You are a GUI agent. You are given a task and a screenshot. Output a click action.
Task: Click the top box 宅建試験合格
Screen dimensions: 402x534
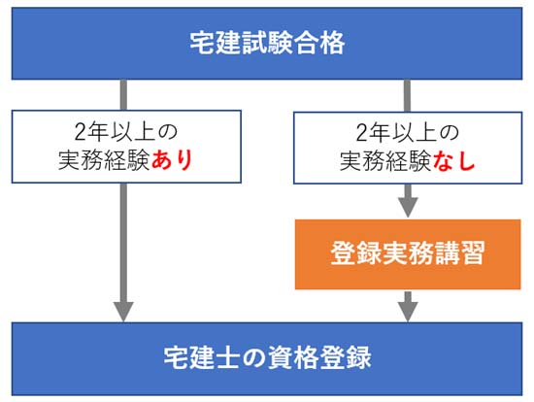pos(267,44)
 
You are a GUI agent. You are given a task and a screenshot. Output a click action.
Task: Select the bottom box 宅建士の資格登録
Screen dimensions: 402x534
pos(267,356)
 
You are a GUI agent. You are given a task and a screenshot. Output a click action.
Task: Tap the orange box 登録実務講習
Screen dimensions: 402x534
pos(408,254)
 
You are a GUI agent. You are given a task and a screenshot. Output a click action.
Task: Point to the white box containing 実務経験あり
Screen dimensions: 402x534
pos(126,147)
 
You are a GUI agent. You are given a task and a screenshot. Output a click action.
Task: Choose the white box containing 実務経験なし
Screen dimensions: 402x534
pos(408,147)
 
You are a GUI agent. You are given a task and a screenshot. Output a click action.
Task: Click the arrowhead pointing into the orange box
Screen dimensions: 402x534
pos(408,208)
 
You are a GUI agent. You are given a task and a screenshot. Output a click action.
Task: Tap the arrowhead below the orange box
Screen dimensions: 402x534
pos(408,311)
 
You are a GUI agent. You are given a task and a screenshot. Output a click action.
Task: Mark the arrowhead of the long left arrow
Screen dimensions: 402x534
pos(124,311)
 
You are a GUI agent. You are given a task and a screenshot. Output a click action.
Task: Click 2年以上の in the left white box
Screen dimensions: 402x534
pos(126,132)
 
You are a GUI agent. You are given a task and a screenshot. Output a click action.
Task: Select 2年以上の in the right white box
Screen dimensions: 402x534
pos(408,132)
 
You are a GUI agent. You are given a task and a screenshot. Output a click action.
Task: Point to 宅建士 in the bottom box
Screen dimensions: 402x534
pos(196,356)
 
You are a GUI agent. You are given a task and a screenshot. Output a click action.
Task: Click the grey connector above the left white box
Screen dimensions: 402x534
pos(124,94)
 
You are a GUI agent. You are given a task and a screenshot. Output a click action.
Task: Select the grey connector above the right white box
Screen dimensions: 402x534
pos(408,94)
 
